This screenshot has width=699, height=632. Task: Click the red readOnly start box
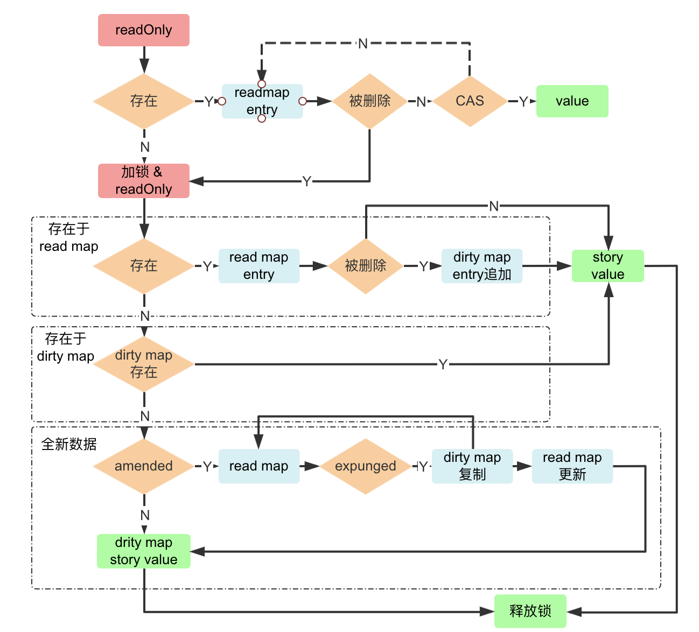(x=143, y=30)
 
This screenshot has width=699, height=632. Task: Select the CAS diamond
(x=470, y=101)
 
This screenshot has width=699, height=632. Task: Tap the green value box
(x=572, y=101)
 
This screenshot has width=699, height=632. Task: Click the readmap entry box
(x=262, y=101)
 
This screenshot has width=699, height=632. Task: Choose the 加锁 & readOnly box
(x=143, y=181)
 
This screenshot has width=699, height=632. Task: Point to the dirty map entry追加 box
(x=481, y=266)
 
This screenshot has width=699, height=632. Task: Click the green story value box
(x=607, y=266)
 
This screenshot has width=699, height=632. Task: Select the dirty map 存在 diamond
(x=143, y=364)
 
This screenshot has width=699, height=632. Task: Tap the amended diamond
(x=143, y=466)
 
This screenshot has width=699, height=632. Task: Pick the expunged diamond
(x=365, y=466)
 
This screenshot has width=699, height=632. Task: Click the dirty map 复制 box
(x=472, y=466)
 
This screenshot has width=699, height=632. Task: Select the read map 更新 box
(x=572, y=466)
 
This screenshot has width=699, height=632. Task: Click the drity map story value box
(x=143, y=551)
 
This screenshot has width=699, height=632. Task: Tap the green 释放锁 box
(x=530, y=611)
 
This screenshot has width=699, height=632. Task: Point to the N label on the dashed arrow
(x=363, y=44)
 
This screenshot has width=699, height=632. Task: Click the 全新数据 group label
(x=69, y=444)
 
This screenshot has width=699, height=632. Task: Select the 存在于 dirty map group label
(x=66, y=347)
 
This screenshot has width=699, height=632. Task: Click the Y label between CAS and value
(x=523, y=102)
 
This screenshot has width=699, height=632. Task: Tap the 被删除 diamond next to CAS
(x=369, y=101)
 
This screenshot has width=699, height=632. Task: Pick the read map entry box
(x=258, y=266)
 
